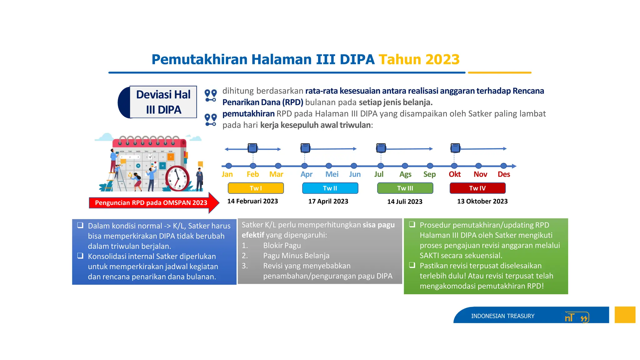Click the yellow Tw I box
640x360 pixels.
256,188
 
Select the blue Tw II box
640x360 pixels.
330,188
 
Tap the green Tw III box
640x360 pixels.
405,188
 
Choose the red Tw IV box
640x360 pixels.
477,188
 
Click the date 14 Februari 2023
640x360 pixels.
252,201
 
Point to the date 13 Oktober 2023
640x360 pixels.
482,201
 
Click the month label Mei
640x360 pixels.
332,174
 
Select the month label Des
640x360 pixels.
504,174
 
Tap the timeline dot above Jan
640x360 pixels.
229,166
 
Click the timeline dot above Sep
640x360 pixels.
430,166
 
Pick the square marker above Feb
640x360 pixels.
252,148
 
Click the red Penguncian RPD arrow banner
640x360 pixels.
151,203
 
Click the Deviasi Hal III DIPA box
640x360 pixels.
163,102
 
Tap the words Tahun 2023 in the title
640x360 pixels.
419,59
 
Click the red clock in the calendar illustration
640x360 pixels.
177,178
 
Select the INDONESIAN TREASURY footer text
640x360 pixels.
502,316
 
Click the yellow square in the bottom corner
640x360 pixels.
625,315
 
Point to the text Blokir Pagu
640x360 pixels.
282,246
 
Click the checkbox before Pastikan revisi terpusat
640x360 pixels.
412,265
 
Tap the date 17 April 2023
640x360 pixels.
328,201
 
